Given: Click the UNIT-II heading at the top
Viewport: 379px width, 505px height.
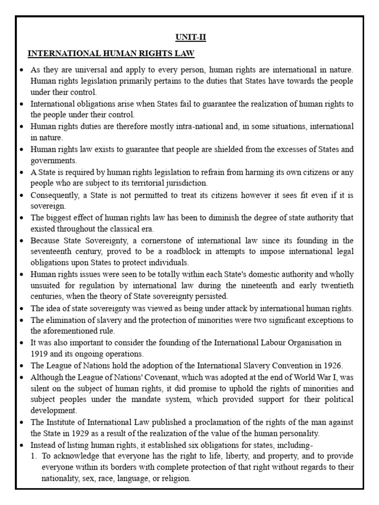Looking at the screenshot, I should (189, 37).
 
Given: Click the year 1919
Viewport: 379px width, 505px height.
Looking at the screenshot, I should (40, 353).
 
